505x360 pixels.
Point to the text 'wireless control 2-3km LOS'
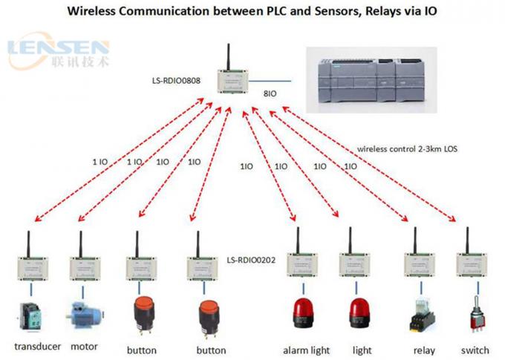pos(407,148)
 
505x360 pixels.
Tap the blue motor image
pos(84,312)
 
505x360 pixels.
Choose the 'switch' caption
pos(475,350)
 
